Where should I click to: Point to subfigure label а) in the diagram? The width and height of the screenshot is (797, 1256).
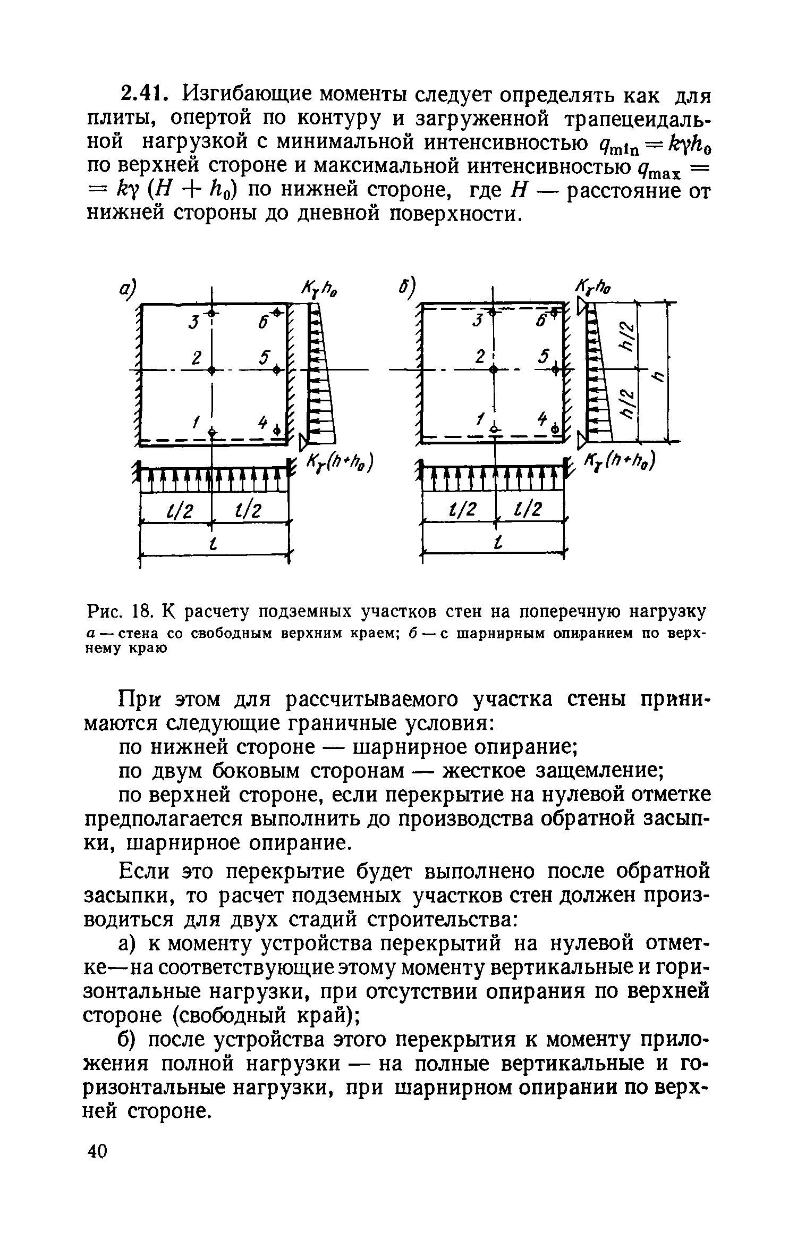[x=127, y=291]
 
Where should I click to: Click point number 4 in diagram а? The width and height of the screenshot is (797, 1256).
[x=262, y=422]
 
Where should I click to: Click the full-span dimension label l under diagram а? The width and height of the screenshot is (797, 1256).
[x=214, y=544]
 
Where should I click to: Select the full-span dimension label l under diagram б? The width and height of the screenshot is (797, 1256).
[x=497, y=543]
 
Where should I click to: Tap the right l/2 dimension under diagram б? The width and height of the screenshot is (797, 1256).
[x=529, y=510]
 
